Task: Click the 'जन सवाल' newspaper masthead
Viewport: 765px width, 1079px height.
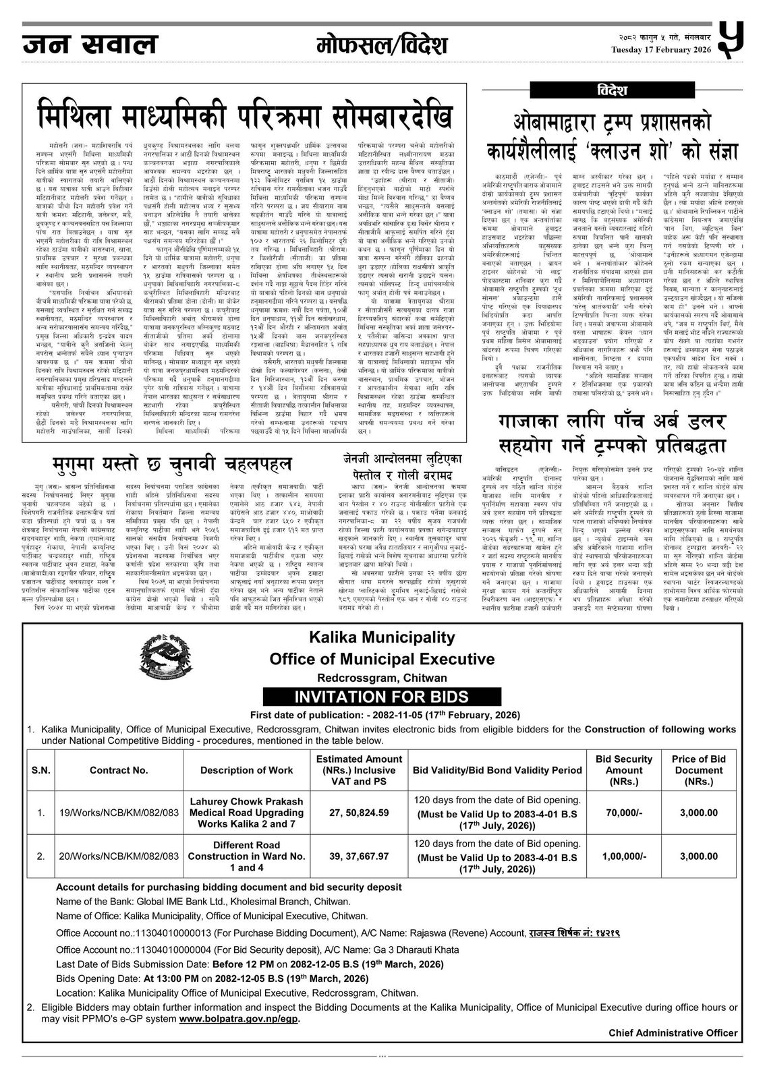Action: [x=90, y=45]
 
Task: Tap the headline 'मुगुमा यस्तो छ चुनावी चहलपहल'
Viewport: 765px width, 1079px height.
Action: [x=172, y=463]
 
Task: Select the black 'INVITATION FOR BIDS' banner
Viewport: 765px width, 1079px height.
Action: [x=382, y=697]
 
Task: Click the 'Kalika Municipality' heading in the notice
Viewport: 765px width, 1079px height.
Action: [x=382, y=636]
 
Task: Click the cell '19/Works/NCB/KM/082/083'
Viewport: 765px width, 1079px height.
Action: [x=119, y=813]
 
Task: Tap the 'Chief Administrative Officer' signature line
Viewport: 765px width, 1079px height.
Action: [x=673, y=1032]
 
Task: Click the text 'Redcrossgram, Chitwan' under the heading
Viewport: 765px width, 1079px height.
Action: [x=382, y=678]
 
